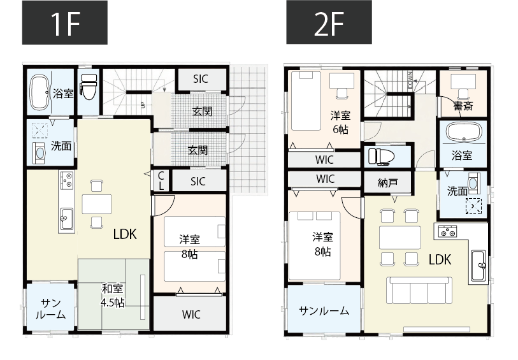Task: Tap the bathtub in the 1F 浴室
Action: [x=40, y=92]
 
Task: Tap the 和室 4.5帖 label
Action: [x=113, y=295]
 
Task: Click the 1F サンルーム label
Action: [x=50, y=309]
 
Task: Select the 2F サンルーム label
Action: [x=324, y=311]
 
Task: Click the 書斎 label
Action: [x=463, y=106]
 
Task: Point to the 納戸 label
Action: [x=387, y=183]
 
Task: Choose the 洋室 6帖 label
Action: [x=340, y=121]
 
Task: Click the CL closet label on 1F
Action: [x=161, y=181]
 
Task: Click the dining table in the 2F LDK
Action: [x=399, y=236]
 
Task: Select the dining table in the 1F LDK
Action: [x=96, y=203]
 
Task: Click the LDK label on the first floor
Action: [x=125, y=234]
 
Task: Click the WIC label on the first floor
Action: [x=191, y=314]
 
